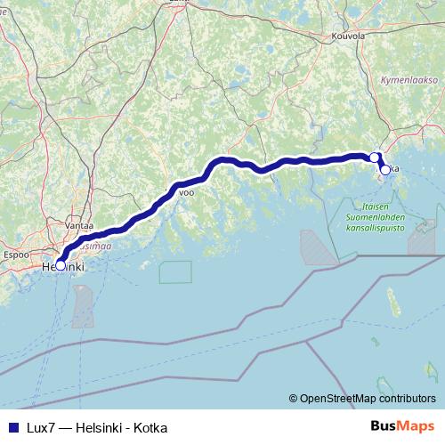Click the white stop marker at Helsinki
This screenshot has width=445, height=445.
tap(61, 264)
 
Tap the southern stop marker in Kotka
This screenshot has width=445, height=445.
tap(384, 169)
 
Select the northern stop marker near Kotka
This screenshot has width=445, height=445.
tap(375, 158)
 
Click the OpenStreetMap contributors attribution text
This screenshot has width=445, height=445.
tap(368, 399)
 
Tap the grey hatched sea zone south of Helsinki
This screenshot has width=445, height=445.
tap(83, 307)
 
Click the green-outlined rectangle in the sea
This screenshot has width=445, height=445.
tap(175, 271)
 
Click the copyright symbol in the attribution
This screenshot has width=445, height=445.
tap(293, 399)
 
